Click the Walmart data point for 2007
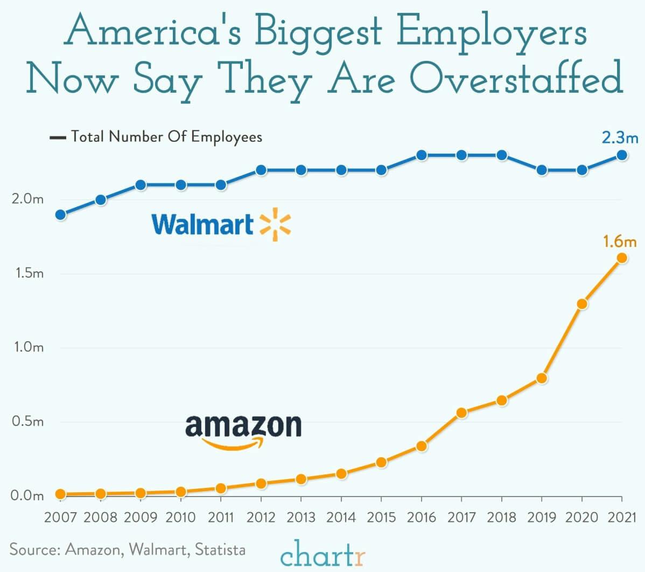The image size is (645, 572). [x=61, y=215]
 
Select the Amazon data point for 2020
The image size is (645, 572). [x=582, y=304]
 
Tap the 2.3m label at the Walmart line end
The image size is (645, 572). [x=619, y=138]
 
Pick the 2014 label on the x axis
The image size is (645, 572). [x=341, y=518]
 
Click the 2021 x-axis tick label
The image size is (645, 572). [x=622, y=518]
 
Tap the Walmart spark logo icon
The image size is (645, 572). [x=275, y=224]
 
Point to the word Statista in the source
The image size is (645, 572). [x=220, y=550]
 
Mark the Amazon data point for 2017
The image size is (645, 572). [x=461, y=413]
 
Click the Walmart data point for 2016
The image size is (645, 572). [x=422, y=155]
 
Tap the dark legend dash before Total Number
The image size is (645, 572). [x=57, y=137]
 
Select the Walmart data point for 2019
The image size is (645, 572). [x=542, y=170]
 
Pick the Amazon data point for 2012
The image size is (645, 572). [x=261, y=484]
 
